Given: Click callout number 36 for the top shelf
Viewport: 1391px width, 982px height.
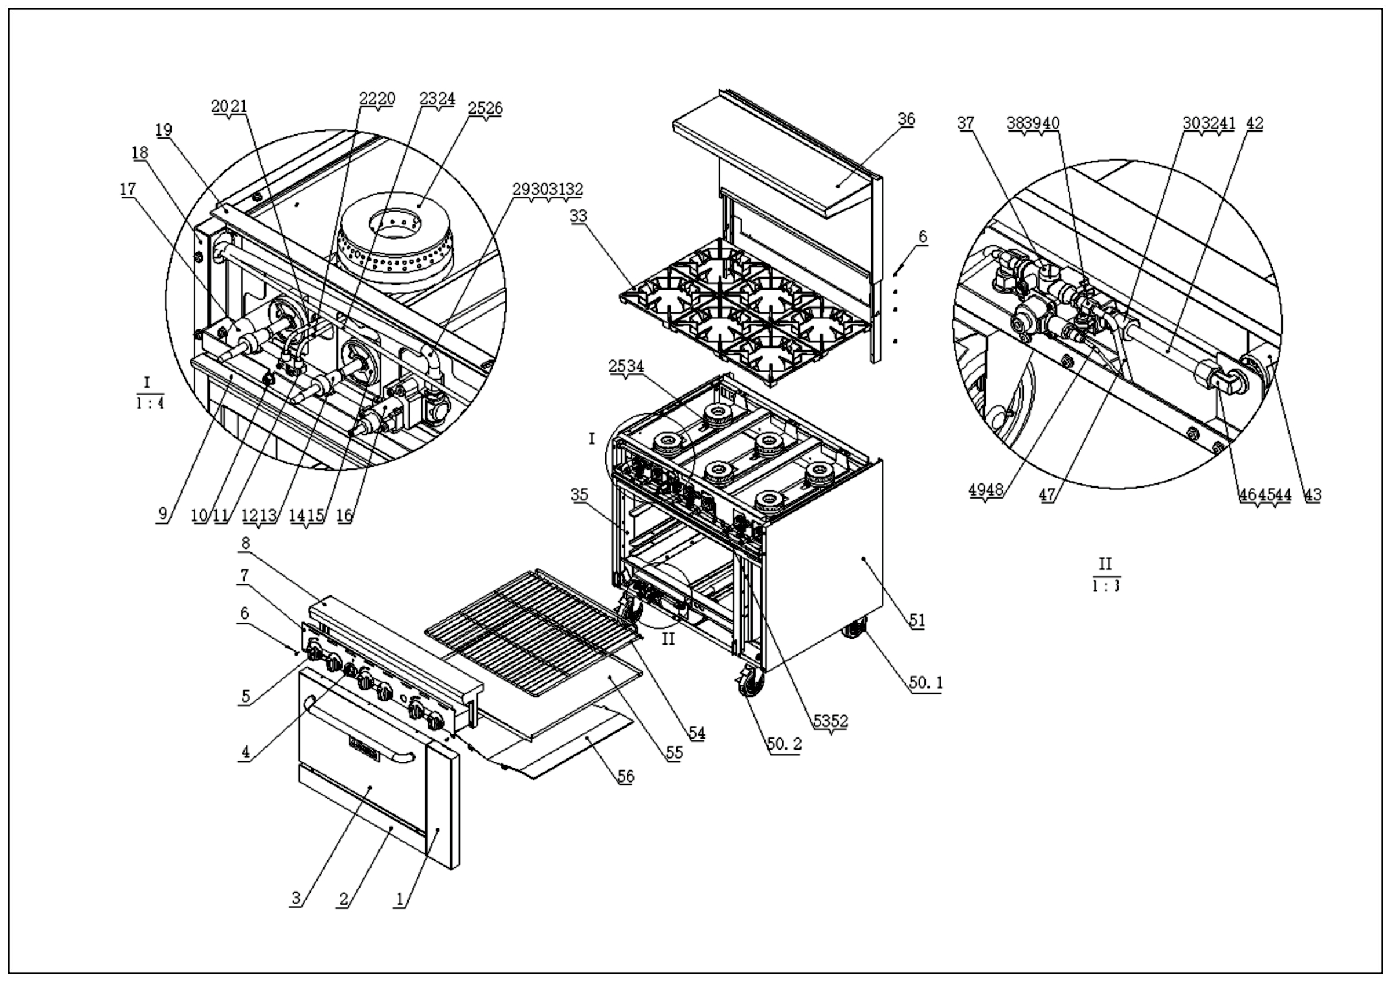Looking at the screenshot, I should [906, 119].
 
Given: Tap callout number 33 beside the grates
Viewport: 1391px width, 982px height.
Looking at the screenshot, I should [578, 216].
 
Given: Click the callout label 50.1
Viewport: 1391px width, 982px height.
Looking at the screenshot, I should [926, 683].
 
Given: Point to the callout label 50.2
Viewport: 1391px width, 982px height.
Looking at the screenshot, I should [785, 744].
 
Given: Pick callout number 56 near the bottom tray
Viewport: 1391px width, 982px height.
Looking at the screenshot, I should [625, 776].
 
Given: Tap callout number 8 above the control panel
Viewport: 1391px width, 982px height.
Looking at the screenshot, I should [245, 543].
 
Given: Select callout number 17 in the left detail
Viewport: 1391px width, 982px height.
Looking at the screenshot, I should [128, 190].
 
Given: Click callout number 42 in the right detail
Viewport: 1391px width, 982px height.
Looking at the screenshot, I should [1255, 123].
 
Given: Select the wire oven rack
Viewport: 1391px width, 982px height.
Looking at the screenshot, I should [533, 630].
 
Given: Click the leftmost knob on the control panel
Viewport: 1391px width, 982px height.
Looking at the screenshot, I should [315, 653].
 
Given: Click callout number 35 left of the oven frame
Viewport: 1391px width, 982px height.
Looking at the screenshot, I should [579, 495].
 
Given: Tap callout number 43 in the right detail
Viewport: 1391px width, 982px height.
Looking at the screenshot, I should [1313, 494].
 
